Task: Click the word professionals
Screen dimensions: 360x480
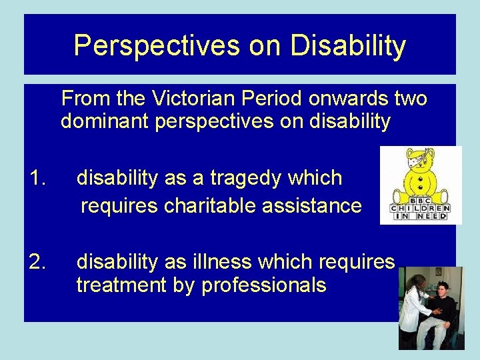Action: tap(264, 285)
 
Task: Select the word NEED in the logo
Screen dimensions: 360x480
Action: tap(435, 216)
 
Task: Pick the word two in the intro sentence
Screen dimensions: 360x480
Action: tap(410, 99)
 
